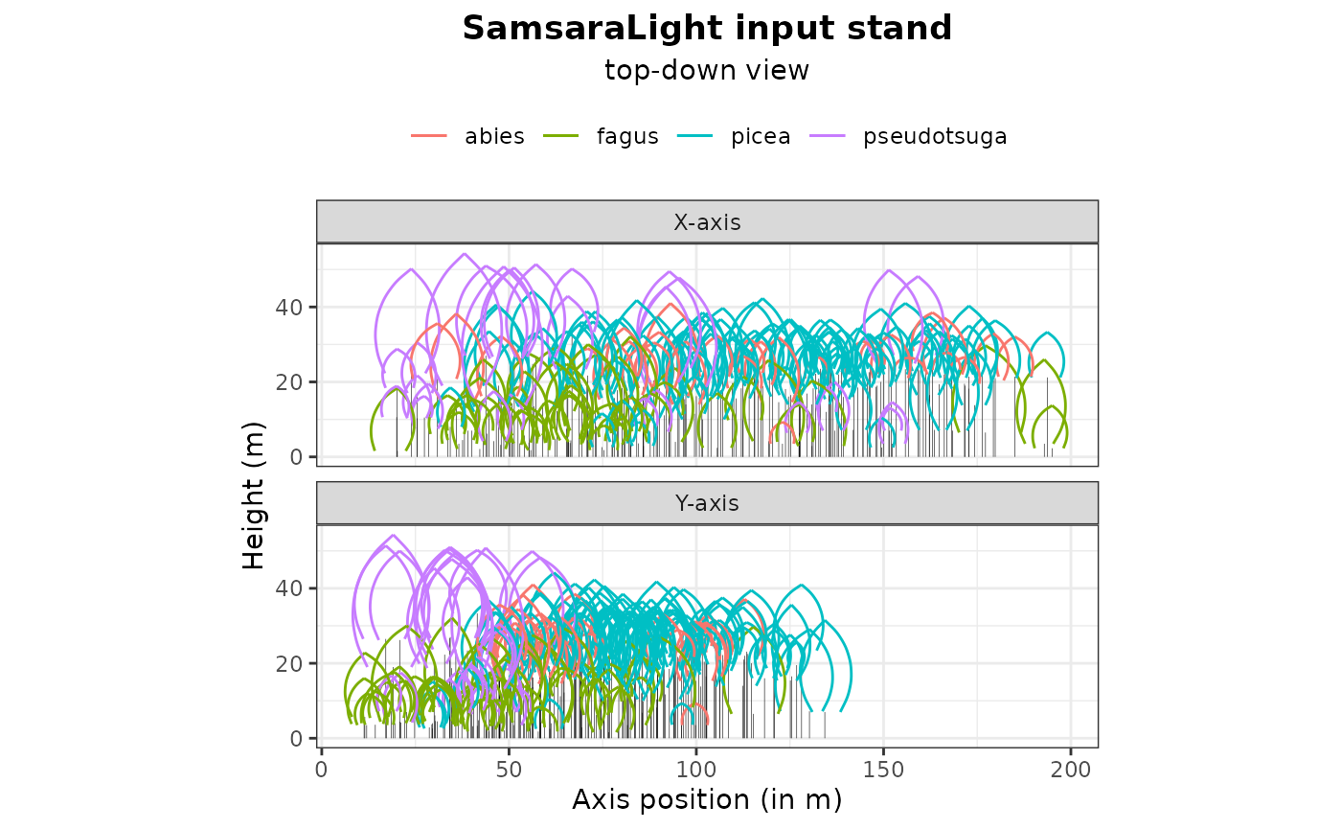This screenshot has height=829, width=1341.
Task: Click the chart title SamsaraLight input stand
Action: tap(707, 29)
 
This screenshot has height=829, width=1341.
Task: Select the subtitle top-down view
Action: tap(707, 71)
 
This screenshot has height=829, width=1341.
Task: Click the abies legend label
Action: tap(494, 136)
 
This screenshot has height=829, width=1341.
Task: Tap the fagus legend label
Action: tap(627, 136)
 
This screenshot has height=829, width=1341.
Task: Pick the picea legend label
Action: tap(761, 136)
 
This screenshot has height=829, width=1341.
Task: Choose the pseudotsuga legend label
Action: tap(935, 136)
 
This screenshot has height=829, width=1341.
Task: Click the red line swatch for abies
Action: tap(430, 136)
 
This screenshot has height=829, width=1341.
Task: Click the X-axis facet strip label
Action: tap(707, 222)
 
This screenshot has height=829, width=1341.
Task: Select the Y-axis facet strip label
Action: tap(707, 503)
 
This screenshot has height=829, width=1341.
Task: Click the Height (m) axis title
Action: tap(253, 495)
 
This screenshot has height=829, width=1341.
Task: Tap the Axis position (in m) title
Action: tap(707, 799)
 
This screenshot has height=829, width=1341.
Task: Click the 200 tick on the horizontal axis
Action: tap(1070, 769)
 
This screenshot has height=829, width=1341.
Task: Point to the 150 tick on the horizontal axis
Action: tap(883, 769)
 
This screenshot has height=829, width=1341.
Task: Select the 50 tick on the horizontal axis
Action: tap(509, 769)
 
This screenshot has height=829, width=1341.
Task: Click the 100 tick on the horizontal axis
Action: tap(695, 769)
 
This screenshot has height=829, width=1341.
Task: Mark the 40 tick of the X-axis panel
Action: tap(292, 307)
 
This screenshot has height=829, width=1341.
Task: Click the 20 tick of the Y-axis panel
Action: tap(292, 663)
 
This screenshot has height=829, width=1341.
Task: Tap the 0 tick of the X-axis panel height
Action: tap(298, 457)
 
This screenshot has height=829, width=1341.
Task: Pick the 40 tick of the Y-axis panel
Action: tap(292, 587)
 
